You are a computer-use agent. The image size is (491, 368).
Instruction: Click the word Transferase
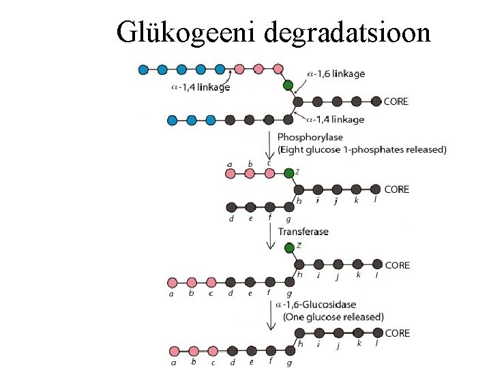coord(303,232)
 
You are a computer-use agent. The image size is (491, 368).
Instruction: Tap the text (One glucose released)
coord(333,317)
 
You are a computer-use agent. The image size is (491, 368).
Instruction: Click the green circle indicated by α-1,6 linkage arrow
coord(288,86)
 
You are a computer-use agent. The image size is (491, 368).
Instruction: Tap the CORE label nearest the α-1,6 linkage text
coord(396,102)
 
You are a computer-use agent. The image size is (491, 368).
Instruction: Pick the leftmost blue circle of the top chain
coord(143,69)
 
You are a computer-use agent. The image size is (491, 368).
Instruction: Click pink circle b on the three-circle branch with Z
coord(250,174)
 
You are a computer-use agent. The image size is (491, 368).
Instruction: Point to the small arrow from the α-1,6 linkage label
coord(295,79)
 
